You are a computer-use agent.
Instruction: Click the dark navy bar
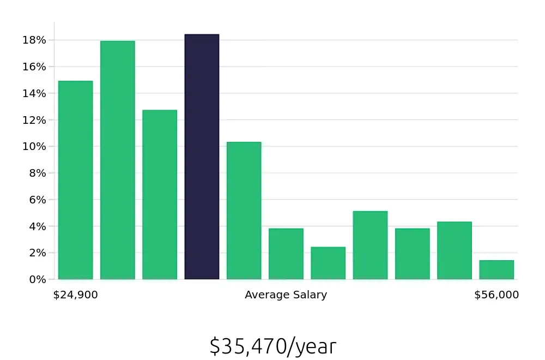[202, 157]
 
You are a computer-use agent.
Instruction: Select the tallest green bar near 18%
[117, 160]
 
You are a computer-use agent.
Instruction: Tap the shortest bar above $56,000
[496, 270]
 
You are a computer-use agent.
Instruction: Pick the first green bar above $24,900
[75, 180]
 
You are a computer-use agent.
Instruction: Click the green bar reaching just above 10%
[244, 211]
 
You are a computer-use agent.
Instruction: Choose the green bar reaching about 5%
[370, 245]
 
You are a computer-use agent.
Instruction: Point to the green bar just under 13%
[160, 195]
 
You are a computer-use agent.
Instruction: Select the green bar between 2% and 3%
[328, 263]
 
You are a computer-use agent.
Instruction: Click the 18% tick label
[34, 40]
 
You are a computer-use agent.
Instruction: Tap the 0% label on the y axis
[37, 279]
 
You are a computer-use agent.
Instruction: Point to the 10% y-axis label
[34, 147]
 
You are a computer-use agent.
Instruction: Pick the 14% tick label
[34, 93]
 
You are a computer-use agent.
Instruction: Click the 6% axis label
[37, 200]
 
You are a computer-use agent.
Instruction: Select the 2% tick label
[37, 253]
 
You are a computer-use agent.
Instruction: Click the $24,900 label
[76, 295]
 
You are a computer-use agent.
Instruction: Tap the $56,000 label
[496, 295]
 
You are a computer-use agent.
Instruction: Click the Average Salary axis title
[286, 295]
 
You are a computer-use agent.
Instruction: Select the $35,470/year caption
[272, 346]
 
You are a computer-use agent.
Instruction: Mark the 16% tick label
[34, 67]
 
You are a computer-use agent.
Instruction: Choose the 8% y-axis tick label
[37, 173]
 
